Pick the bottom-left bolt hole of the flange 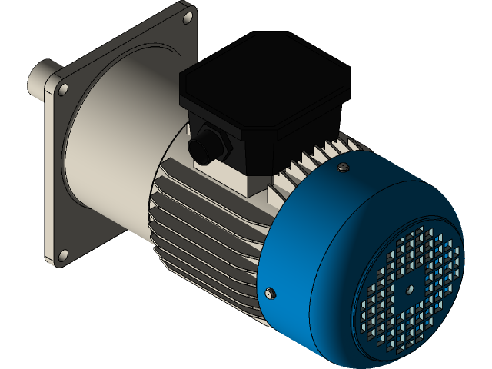click(63, 254)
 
